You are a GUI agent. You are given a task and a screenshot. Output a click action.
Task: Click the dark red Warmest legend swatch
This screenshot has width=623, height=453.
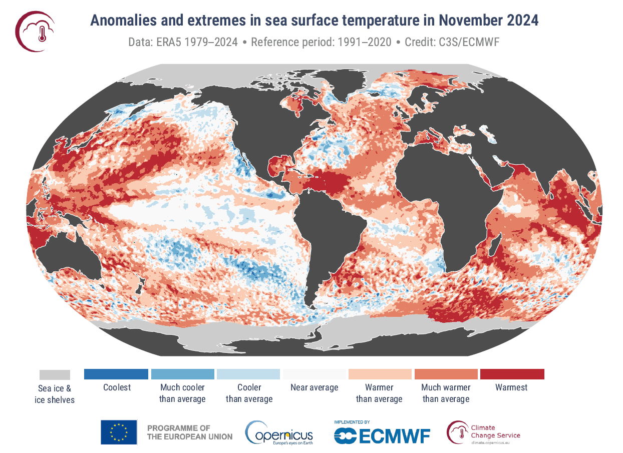click(512, 374)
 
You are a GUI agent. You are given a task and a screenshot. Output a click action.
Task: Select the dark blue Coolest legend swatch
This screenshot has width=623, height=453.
click(116, 374)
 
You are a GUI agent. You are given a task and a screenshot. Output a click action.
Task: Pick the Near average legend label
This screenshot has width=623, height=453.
click(314, 387)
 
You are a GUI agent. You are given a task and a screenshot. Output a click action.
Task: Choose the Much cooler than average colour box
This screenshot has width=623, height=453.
click(182, 374)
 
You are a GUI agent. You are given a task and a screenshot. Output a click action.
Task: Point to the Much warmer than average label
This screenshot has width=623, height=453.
click(446, 393)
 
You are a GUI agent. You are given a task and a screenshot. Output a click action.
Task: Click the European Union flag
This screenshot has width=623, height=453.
click(119, 432)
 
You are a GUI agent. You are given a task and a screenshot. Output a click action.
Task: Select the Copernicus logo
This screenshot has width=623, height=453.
click(278, 432)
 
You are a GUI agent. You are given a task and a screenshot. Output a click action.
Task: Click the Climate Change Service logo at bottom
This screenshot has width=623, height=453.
click(484, 432)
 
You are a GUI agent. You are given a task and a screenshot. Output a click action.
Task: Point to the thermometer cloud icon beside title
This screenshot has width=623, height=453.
click(35, 31)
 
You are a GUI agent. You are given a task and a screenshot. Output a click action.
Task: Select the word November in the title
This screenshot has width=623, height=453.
click(465, 21)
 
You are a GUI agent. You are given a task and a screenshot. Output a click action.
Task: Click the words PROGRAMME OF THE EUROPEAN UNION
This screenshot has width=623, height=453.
click(189, 432)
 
